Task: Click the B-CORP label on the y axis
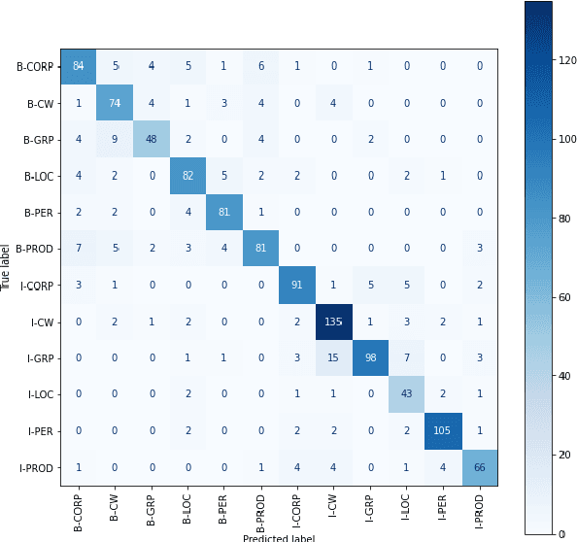[35, 67]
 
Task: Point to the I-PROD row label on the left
[35, 466]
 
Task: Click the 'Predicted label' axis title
[279, 536]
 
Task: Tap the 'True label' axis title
[7, 266]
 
